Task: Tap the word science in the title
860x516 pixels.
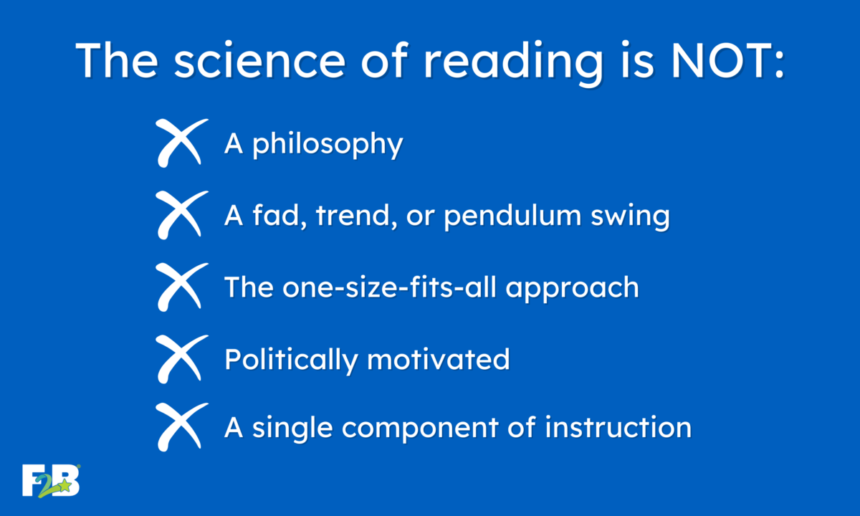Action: click(x=260, y=60)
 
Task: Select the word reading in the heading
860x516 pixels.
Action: click(x=513, y=63)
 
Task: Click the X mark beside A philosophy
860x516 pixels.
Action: click(x=181, y=143)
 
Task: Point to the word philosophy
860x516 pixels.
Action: click(x=328, y=144)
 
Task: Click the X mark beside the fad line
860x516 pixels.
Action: click(x=181, y=215)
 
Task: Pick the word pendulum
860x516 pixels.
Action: click(x=513, y=216)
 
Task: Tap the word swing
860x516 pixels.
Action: click(x=631, y=217)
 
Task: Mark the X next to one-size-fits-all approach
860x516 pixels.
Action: click(x=181, y=287)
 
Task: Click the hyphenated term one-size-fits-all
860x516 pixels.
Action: click(x=389, y=287)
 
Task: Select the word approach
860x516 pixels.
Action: click(x=572, y=289)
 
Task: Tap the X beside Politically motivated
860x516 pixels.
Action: click(x=181, y=359)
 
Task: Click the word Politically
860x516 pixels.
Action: click(x=291, y=360)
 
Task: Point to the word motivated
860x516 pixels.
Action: click(x=439, y=359)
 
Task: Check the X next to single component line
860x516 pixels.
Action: click(x=181, y=427)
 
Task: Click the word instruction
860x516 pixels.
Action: click(x=618, y=427)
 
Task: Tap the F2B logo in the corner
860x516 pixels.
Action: click(x=51, y=481)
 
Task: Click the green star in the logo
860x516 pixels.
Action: click(x=65, y=485)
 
